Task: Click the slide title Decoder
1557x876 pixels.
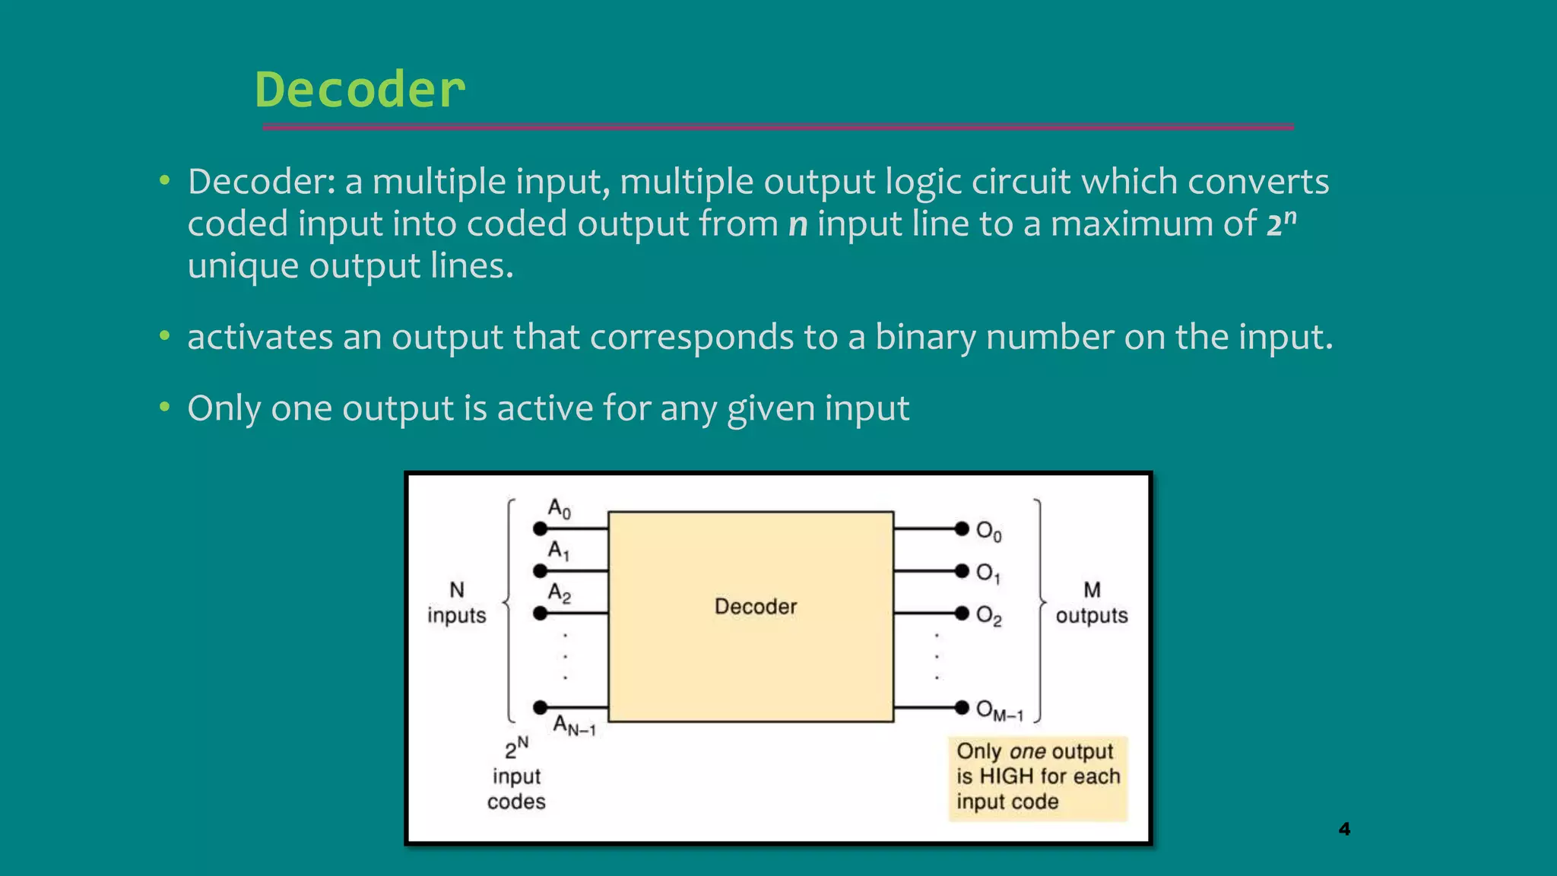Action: tap(360, 90)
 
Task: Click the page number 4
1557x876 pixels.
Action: tap(1344, 829)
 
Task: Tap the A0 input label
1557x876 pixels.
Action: tap(560, 509)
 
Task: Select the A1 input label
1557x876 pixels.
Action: tap(559, 551)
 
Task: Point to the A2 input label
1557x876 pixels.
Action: tap(560, 593)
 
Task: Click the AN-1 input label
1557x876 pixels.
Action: tap(574, 725)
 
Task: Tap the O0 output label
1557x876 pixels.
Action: tap(988, 531)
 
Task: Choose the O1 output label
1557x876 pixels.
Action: tap(988, 573)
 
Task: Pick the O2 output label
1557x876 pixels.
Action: tap(988, 615)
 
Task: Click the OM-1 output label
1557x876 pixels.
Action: tap(999, 710)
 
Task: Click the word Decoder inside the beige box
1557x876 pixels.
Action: tap(756, 607)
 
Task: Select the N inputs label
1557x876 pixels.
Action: tap(456, 602)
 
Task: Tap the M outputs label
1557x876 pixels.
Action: tap(1092, 602)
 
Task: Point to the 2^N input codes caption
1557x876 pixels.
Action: tap(516, 775)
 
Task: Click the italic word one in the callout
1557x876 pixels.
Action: tap(1028, 752)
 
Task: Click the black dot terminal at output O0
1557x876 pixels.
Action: tap(962, 528)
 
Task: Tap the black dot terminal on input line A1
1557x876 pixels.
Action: tap(540, 570)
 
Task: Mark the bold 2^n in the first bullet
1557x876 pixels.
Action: tap(1281, 223)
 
